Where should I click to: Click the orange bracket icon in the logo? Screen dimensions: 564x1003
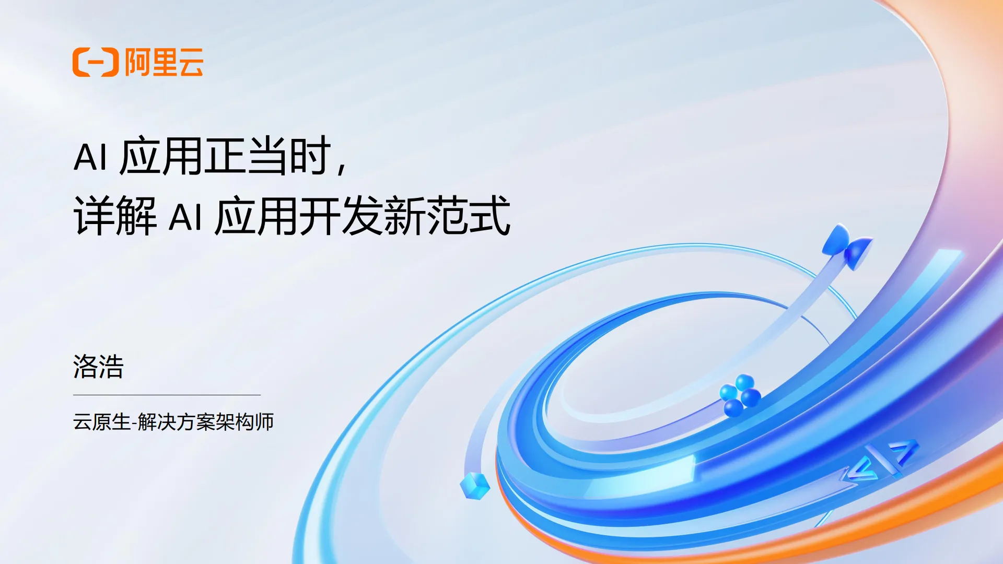96,62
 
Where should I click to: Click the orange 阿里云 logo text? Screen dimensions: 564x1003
164,62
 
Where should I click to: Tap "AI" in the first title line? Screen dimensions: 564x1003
90,157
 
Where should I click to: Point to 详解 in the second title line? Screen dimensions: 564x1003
115,216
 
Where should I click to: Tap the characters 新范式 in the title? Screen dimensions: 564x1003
447,216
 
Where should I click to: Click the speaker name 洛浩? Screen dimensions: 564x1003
98,366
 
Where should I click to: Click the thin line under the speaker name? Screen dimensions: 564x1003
167,395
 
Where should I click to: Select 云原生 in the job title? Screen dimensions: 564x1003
101,422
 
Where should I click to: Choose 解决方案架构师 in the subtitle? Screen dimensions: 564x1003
206,422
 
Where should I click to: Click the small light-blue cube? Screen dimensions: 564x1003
475,485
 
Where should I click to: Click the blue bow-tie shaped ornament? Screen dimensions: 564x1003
847,245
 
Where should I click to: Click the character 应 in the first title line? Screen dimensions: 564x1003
140,156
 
